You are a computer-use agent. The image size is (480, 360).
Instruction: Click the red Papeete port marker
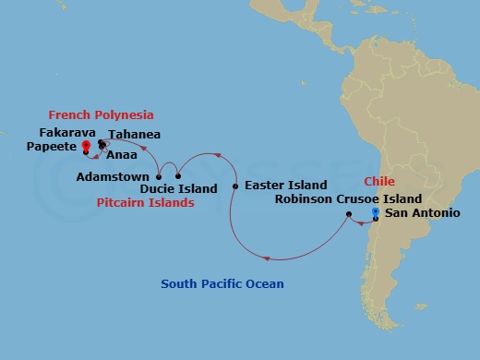(86, 145)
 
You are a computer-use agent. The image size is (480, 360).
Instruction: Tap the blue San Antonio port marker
(375, 213)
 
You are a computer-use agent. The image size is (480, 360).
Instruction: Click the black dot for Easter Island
(235, 186)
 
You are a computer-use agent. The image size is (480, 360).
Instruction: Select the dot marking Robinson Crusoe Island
(348, 215)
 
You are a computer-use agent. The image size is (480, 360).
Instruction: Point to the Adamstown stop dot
(160, 175)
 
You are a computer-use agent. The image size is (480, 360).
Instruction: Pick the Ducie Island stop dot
(178, 175)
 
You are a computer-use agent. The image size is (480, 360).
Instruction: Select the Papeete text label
(52, 146)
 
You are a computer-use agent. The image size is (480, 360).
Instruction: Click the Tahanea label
(135, 135)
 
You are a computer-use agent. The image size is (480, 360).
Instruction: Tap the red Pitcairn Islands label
(147, 202)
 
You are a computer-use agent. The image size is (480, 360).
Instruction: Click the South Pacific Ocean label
(222, 283)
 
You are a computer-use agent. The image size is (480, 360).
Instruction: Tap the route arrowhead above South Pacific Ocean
(267, 258)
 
